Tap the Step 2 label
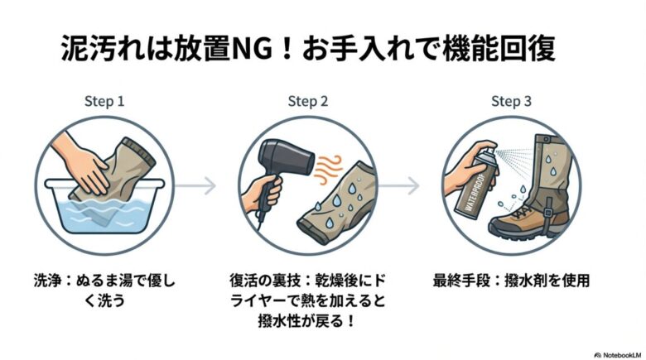[x=308, y=102]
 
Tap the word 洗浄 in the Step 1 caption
[x=51, y=280]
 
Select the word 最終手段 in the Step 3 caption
[x=456, y=280]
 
